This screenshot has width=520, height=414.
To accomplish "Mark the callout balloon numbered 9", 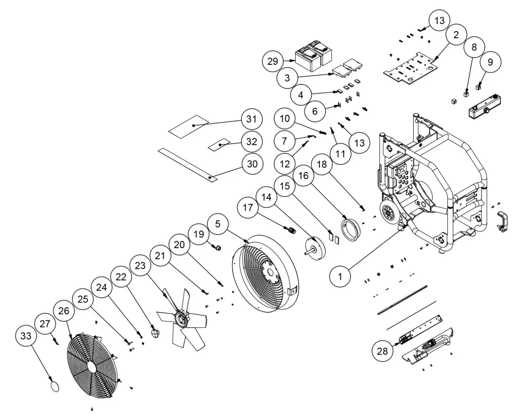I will click(490, 62).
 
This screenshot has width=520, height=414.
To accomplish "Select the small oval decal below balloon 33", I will click(54, 385).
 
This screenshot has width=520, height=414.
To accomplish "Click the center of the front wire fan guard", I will click(91, 364).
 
